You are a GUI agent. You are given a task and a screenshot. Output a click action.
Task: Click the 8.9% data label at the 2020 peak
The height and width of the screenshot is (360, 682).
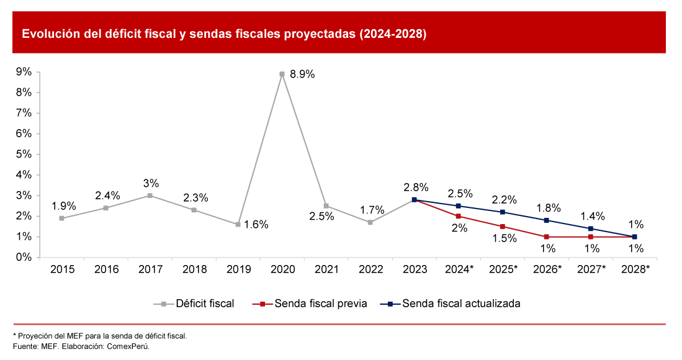(x=302, y=74)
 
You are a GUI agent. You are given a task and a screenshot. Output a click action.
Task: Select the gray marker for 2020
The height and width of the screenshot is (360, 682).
(x=282, y=74)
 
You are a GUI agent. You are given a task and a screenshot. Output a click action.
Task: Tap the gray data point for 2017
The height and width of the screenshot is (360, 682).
(x=150, y=196)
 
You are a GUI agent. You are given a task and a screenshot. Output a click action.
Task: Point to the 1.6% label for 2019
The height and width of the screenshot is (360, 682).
(x=256, y=225)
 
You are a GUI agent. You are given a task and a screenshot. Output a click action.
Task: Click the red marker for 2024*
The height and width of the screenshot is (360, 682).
(x=458, y=216)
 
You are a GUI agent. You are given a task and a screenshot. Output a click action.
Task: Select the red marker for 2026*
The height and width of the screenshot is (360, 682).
(x=546, y=236)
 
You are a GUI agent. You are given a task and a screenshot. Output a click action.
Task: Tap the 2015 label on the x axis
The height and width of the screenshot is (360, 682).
(x=62, y=269)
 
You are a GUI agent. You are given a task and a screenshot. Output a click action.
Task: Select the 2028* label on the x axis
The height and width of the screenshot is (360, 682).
(x=635, y=269)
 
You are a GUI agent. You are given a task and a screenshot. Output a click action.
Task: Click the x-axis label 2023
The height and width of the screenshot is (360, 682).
(x=415, y=269)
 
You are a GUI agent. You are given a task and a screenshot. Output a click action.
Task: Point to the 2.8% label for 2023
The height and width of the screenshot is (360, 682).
(x=415, y=187)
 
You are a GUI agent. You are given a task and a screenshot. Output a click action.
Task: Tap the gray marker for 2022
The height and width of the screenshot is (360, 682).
(x=370, y=222)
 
